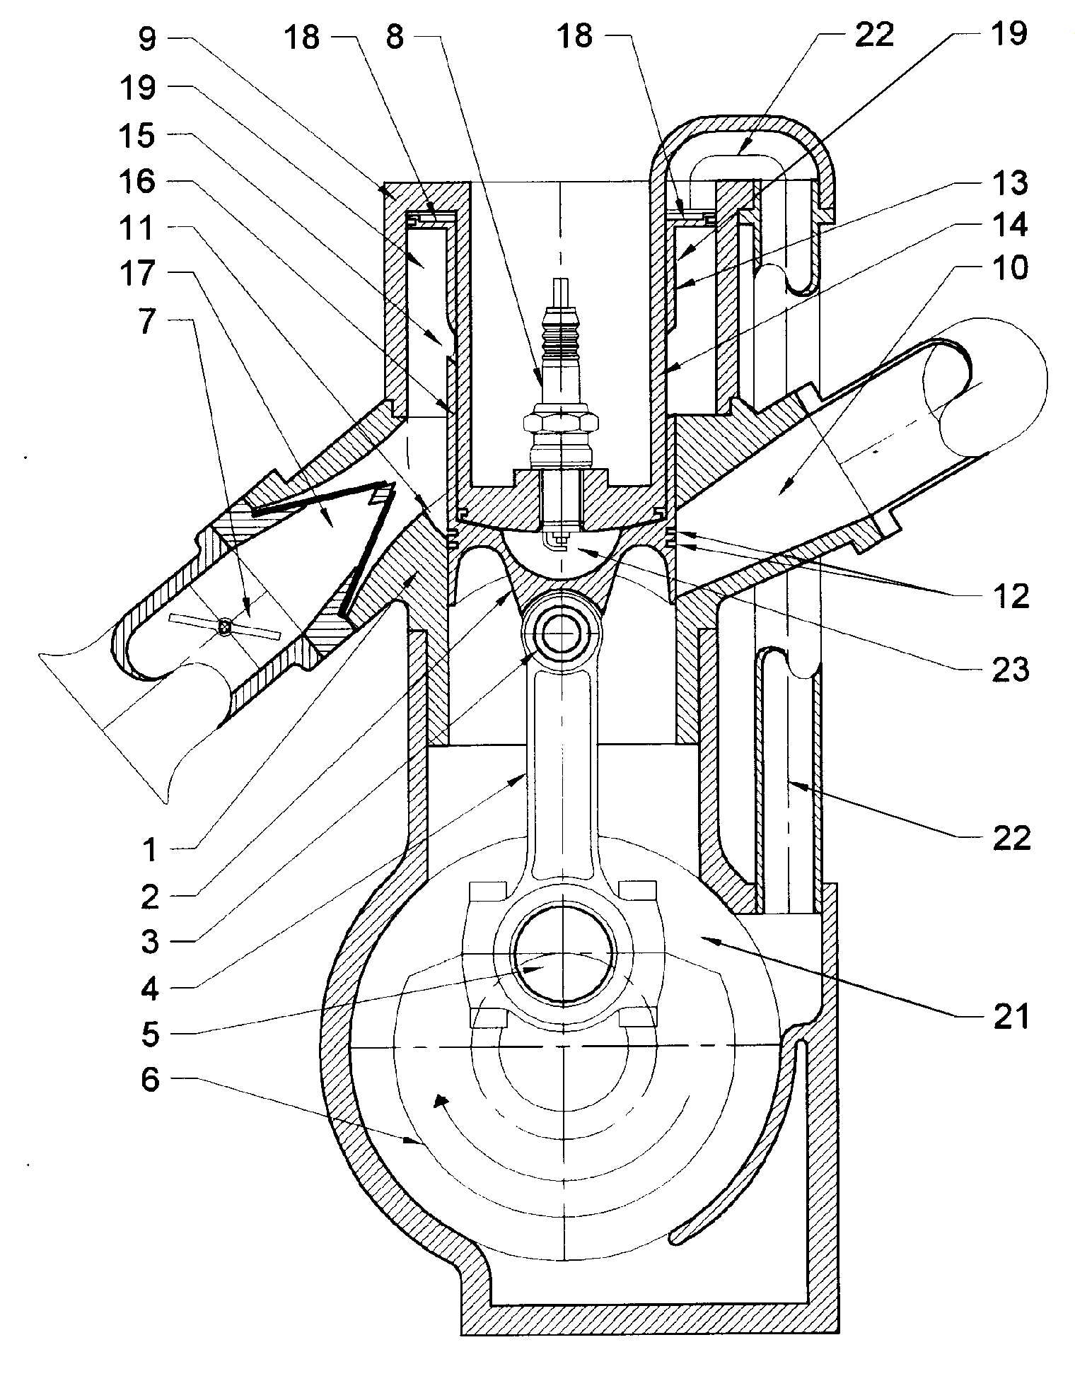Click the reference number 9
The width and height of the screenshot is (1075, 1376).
tap(146, 40)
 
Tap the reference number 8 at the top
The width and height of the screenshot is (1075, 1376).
tap(395, 37)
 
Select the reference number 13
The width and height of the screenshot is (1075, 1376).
tap(1010, 183)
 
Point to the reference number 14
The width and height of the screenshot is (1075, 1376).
tap(1010, 226)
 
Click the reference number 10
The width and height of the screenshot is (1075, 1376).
tap(1011, 268)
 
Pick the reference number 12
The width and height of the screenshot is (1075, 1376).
tap(1011, 597)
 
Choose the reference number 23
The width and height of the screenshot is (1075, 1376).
tap(1011, 670)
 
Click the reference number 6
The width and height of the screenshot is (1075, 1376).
tap(150, 1080)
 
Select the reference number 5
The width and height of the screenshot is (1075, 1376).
tap(150, 1034)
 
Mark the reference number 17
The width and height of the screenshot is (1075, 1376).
tap(136, 274)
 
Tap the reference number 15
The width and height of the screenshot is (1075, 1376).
tap(136, 136)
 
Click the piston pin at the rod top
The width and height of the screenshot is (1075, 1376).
tap(560, 634)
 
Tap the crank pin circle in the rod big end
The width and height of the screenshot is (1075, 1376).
tap(561, 955)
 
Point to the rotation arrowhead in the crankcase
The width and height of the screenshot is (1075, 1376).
tap(440, 1101)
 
